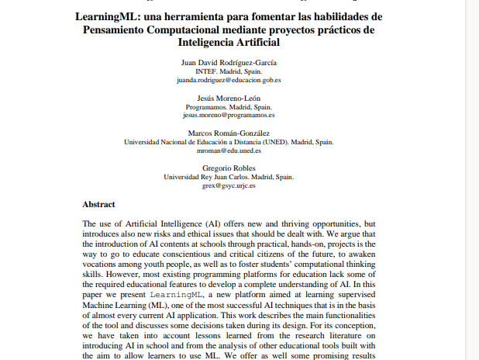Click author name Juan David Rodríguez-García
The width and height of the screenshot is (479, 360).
point(229,62)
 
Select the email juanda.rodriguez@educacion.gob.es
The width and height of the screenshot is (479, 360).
point(229,79)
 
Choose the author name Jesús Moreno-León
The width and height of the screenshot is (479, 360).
point(229,98)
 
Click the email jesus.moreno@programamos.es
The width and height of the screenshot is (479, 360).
point(229,115)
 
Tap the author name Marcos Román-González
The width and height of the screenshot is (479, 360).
point(229,133)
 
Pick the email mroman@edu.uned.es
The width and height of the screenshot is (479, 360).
point(229,151)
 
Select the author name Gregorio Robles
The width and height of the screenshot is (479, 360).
point(229,168)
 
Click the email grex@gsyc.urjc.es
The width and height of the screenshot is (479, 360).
point(229,186)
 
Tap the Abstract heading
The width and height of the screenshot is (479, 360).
point(98,205)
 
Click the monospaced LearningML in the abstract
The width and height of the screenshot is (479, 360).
point(174,296)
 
